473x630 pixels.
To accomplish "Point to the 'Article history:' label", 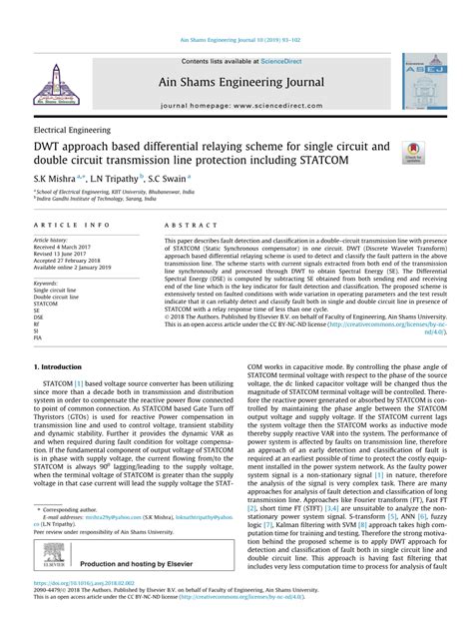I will tap(52, 241).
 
